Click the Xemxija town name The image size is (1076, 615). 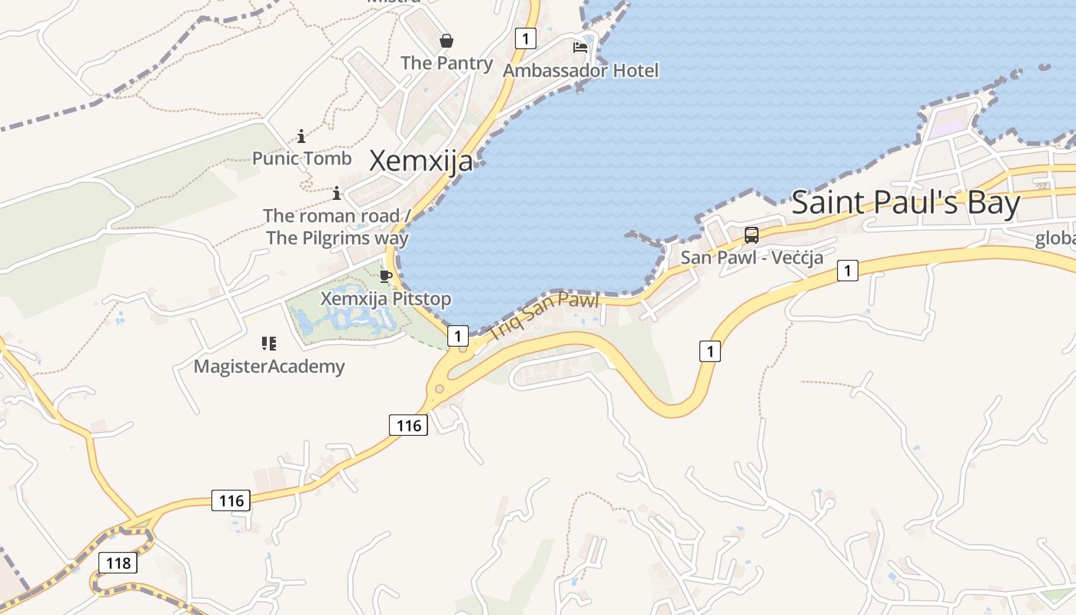tap(421, 161)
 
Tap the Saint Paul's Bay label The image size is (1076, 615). tap(905, 203)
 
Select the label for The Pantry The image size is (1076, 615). tap(447, 63)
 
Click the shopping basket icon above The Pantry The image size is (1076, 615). tap(446, 41)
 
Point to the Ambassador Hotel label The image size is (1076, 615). tap(581, 71)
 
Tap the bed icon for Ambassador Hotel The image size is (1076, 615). tap(580, 48)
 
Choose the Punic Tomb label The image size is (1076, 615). tap(302, 158)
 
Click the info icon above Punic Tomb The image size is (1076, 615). tap(301, 137)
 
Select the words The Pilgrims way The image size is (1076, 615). tap(337, 238)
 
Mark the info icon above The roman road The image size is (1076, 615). tap(336, 193)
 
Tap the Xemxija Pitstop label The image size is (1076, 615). tap(386, 298)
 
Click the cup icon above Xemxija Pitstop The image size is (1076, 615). tap(386, 276)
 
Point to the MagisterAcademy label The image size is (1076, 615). tap(269, 366)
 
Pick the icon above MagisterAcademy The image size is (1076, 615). tap(269, 344)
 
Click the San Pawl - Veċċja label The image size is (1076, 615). tap(752, 258)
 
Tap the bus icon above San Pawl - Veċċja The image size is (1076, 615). tap(752, 235)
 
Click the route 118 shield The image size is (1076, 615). tap(118, 563)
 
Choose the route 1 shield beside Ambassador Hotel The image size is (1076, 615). tap(525, 38)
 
